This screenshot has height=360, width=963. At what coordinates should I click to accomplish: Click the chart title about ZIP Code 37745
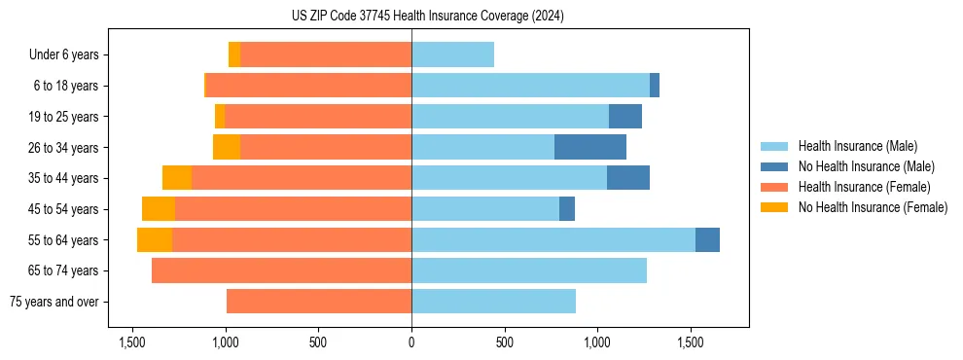tap(427, 16)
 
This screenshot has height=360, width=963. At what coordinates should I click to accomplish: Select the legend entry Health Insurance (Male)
tap(857, 146)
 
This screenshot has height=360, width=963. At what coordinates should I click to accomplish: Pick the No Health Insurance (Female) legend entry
tap(873, 207)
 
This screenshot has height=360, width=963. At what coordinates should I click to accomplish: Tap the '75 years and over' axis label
tap(54, 302)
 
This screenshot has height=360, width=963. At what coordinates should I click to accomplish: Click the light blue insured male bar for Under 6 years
tap(452, 55)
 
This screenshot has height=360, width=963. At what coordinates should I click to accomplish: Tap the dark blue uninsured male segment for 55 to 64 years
tap(707, 240)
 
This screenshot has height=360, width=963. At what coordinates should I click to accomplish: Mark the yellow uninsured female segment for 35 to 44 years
tap(177, 178)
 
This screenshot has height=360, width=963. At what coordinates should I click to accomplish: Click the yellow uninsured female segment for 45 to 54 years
tap(159, 209)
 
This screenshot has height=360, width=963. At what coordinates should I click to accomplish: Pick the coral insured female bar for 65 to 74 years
tap(281, 270)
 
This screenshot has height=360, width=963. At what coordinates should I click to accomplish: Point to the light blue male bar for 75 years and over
tap(493, 302)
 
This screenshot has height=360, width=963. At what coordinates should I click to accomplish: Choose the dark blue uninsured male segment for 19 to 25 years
tap(624, 117)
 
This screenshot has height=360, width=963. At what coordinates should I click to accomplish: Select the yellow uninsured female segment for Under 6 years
tap(234, 55)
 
